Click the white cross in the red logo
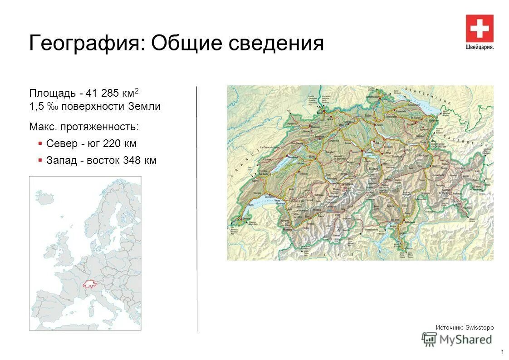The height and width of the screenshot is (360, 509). pos(479,29)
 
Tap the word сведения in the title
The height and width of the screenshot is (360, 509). pos(276,44)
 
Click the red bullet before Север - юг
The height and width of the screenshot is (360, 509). pos(40,143)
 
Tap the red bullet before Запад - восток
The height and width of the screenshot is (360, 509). pos(40,160)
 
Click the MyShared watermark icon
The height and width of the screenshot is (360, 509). pos(429,339)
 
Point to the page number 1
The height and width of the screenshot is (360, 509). pos(503,352)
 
